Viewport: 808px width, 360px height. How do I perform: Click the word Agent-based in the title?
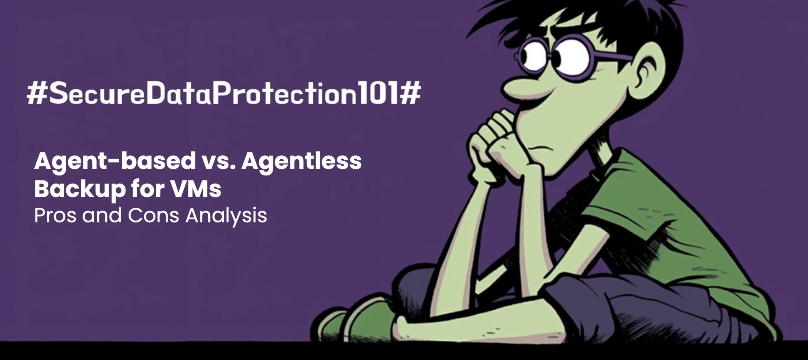pyautogui.click(x=115, y=162)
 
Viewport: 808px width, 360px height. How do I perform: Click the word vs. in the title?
pyautogui.click(x=218, y=162)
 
